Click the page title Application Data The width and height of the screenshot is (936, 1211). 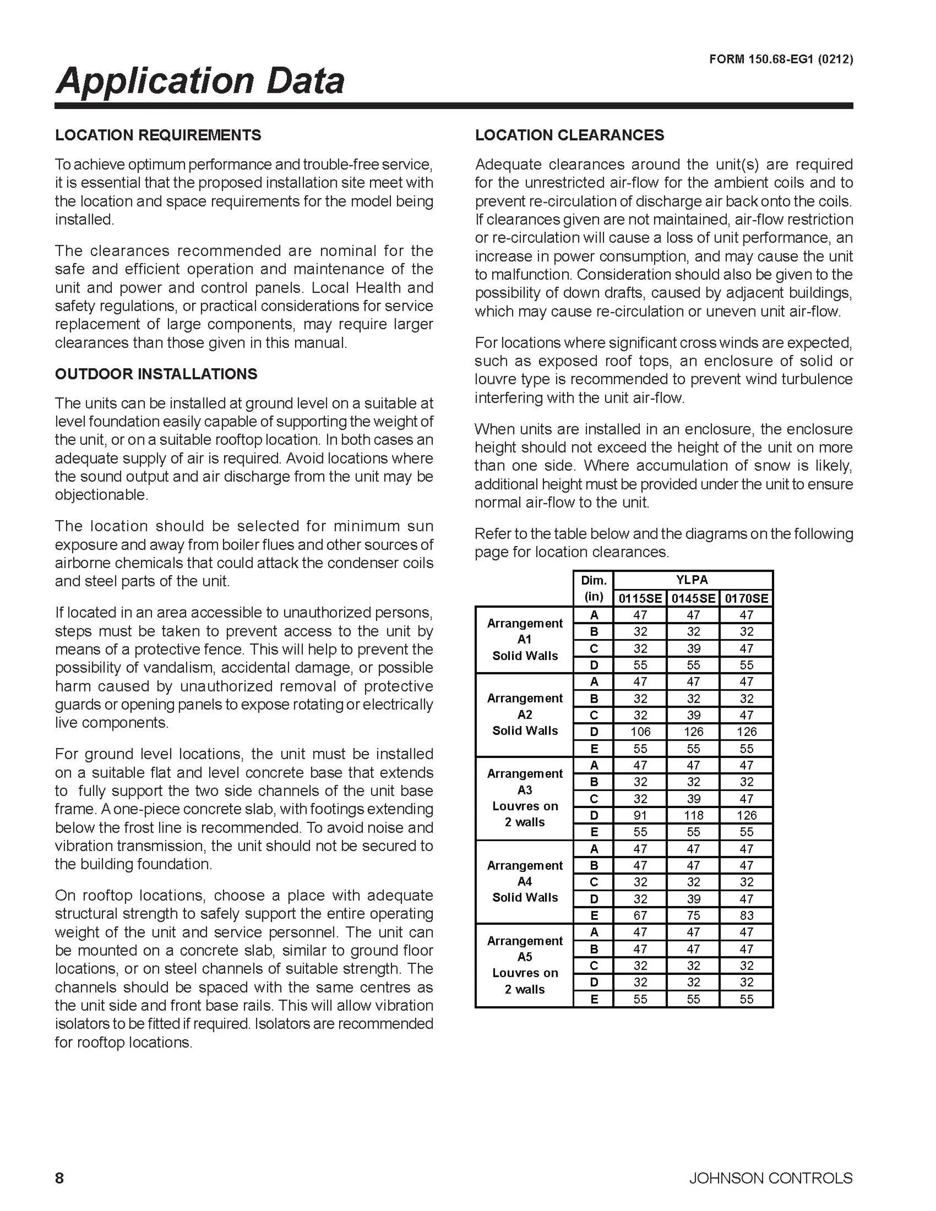click(x=199, y=81)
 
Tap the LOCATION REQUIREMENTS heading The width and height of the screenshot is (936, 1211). click(x=158, y=135)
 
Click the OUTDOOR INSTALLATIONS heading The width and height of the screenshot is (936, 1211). click(x=156, y=374)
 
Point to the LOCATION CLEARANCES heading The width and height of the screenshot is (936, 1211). click(x=569, y=135)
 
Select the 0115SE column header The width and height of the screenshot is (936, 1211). click(x=640, y=598)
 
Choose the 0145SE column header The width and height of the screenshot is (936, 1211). click(x=693, y=598)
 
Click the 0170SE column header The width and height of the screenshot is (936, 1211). click(x=746, y=598)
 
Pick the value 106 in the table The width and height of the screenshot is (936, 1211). click(x=640, y=732)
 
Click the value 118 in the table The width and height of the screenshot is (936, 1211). click(x=693, y=815)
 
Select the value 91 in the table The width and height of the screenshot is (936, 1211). click(x=640, y=815)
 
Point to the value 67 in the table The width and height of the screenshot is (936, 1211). click(x=640, y=916)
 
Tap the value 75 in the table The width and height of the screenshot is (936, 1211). click(x=693, y=916)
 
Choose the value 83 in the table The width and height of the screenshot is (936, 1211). click(x=746, y=916)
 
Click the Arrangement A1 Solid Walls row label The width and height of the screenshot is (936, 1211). click(x=525, y=639)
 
